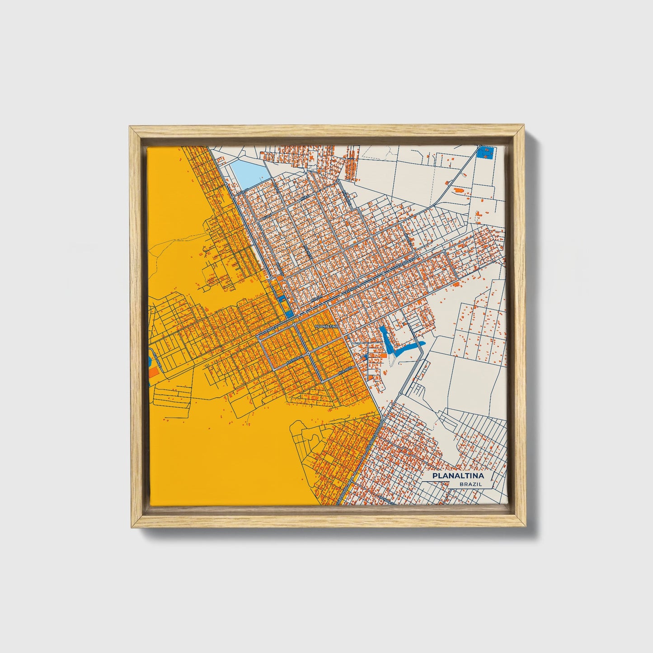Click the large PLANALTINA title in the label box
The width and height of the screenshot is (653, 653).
point(458,476)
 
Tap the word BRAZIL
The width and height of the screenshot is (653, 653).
point(470,484)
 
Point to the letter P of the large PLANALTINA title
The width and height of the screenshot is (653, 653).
point(435,476)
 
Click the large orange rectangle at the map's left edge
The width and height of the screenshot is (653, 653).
point(154,372)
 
